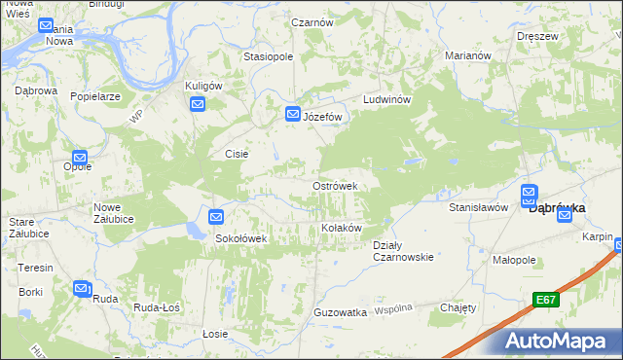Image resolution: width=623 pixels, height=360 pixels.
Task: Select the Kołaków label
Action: (x=342, y=228)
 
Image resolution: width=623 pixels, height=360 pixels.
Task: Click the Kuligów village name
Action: (x=204, y=86)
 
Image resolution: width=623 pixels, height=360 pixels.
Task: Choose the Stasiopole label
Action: (x=269, y=56)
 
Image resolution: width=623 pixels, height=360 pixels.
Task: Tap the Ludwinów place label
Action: (x=389, y=100)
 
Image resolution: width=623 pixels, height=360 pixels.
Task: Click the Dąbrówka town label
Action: (x=556, y=207)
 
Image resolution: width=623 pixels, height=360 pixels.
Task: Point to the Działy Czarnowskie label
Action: (x=403, y=251)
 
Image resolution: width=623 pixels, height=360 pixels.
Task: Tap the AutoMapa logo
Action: (x=561, y=342)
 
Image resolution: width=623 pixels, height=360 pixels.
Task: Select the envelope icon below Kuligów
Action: (x=198, y=104)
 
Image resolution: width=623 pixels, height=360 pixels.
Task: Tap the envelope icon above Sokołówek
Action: (x=216, y=218)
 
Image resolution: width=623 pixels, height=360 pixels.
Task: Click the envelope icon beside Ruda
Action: (x=82, y=288)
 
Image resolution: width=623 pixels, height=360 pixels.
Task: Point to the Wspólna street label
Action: (x=394, y=308)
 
